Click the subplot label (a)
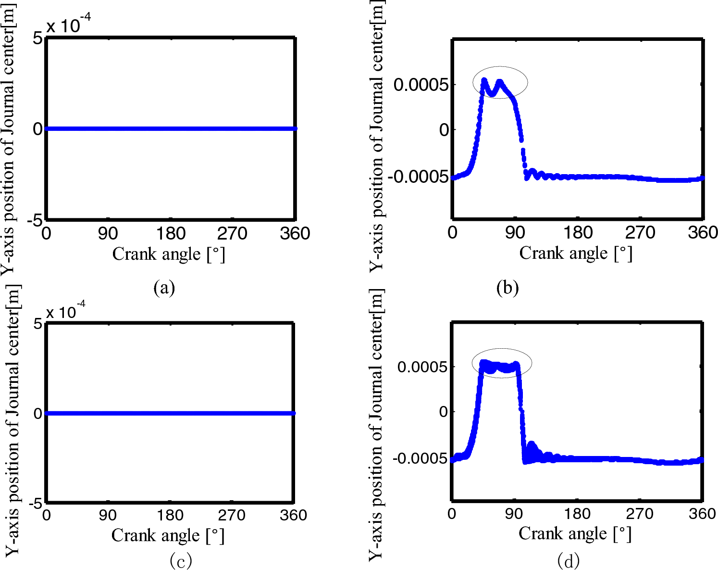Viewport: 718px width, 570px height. tap(164, 288)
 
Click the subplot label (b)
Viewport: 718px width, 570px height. tap(508, 288)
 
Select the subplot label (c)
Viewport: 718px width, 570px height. tap(181, 560)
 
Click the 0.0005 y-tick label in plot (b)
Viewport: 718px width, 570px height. tap(421, 85)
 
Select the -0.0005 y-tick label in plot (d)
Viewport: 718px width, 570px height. tap(420, 458)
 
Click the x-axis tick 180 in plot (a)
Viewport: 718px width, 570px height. tap(171, 234)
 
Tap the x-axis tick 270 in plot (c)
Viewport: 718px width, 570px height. tap(232, 515)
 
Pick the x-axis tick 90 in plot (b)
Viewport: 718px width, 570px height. tap(515, 233)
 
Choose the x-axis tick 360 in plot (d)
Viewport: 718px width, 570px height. tap(702, 514)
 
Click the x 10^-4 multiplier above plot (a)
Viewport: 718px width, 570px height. tap(68, 25)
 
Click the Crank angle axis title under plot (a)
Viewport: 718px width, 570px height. tap(169, 254)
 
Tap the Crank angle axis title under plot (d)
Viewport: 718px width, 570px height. tap(575, 533)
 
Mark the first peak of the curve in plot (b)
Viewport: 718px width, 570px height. tap(484, 80)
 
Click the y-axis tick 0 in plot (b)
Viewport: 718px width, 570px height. tap(444, 130)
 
